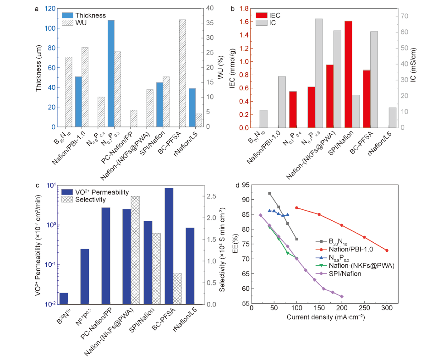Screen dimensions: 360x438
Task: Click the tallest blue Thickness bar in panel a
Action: (111, 73)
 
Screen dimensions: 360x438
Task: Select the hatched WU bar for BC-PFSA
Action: (182, 73)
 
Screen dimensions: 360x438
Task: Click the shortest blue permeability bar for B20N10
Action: (63, 298)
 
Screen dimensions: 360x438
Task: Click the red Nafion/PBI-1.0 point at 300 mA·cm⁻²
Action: (387, 251)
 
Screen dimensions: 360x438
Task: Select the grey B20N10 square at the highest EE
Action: (269, 193)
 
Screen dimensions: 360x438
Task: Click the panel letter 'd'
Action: (237, 185)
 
